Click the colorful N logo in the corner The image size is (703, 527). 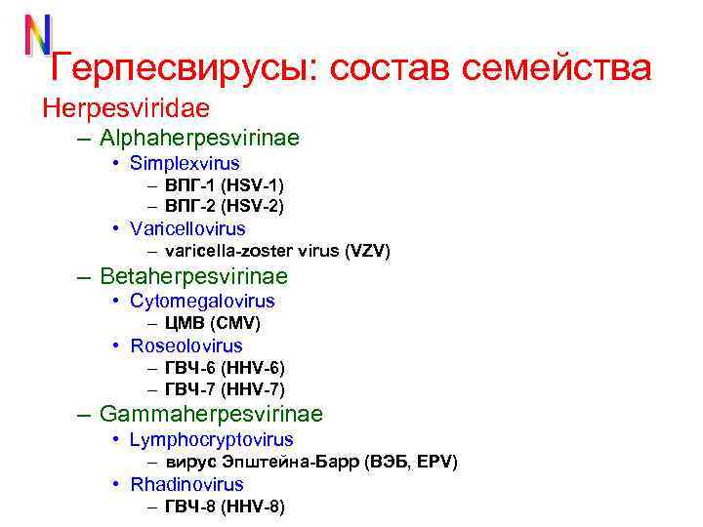coord(37,36)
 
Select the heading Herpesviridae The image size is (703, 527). coord(126,105)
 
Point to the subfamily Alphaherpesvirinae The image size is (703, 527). coord(199,139)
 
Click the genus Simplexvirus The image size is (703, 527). coord(185,163)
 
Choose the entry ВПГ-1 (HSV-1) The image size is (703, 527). coord(225,185)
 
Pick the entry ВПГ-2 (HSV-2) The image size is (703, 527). coord(225,206)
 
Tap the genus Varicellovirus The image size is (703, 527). coord(187,229)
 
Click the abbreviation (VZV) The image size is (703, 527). coord(367,252)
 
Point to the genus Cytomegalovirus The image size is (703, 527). coord(202,302)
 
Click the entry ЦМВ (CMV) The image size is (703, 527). coord(213,323)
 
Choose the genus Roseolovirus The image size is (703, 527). coord(186,345)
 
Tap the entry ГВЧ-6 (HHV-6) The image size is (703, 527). coord(225,368)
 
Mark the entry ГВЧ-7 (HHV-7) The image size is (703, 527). coord(225,389)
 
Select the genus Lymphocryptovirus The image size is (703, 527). coord(211,440)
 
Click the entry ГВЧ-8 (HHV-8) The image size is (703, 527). coord(225,507)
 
